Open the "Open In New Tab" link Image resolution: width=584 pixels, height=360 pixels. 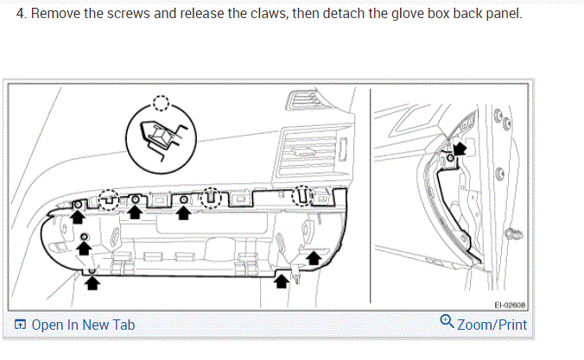pos(83,325)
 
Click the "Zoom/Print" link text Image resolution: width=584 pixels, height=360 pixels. pos(491,325)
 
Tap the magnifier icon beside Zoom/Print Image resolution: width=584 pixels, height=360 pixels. pos(447,322)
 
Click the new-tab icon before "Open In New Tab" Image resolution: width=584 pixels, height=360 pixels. pos(21,325)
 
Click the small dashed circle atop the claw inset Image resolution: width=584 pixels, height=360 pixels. pos(161,103)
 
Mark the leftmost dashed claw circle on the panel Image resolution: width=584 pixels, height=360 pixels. pos(109,199)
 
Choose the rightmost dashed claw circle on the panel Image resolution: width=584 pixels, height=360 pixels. pos(302,196)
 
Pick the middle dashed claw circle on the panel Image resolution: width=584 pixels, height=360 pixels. pos(211,199)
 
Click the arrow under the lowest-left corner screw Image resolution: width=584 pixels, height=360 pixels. pos(93,278)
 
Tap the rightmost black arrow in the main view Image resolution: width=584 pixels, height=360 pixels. pos(314,256)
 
